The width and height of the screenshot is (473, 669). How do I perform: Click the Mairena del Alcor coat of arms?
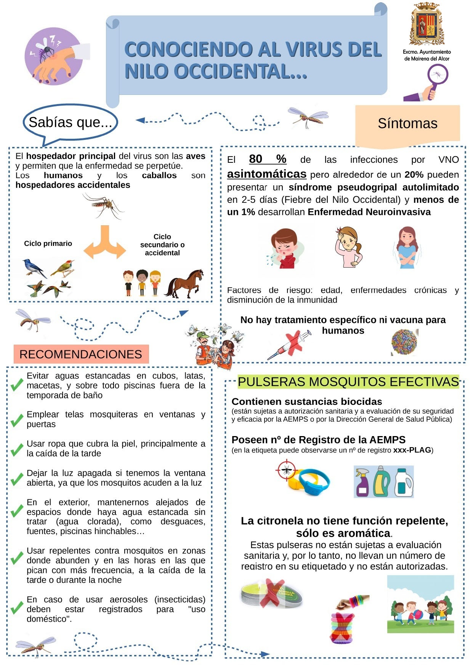[427, 25]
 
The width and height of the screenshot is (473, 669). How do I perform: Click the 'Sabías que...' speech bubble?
[70, 122]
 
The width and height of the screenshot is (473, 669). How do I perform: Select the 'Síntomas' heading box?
[407, 124]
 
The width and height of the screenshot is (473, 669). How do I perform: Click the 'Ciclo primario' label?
[48, 244]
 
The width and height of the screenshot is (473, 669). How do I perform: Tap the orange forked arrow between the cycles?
[105, 243]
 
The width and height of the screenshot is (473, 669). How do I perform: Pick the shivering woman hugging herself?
[407, 248]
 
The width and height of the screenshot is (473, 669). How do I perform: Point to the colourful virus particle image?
[404, 342]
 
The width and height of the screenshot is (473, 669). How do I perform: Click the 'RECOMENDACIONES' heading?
[81, 354]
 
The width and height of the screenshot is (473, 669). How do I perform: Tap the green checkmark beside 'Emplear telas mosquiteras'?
[17, 420]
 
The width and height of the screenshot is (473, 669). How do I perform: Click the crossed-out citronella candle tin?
[271, 594]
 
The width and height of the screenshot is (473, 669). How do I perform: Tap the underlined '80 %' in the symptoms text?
[267, 159]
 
